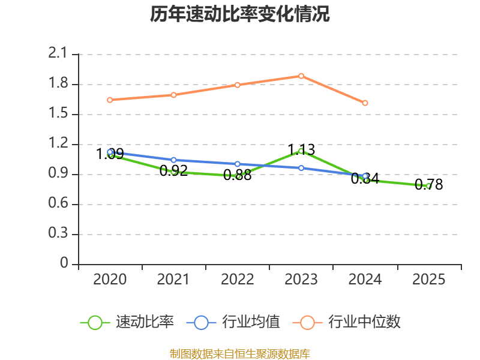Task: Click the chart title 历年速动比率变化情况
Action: pos(239,14)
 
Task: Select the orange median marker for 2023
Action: pos(301,76)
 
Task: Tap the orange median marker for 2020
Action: pos(110,100)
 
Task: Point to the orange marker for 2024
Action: pos(365,103)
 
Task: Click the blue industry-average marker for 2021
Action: pos(173,160)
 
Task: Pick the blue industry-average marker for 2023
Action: pos(301,168)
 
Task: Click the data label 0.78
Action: pos(428,185)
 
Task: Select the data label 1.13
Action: pos(301,149)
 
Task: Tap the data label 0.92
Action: pos(173,170)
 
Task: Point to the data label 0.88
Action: pos(237,175)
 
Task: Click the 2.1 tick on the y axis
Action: pos(58,53)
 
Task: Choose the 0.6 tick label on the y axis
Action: pos(58,203)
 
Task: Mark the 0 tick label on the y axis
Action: pos(64,263)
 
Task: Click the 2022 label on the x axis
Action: pos(237,279)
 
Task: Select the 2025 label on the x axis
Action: pos(428,279)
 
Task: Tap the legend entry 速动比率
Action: pos(127,322)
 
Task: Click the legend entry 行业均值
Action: pos(233,322)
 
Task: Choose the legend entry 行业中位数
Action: pos(347,322)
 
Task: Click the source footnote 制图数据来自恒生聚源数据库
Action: pos(239,354)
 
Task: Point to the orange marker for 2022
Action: pos(237,85)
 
